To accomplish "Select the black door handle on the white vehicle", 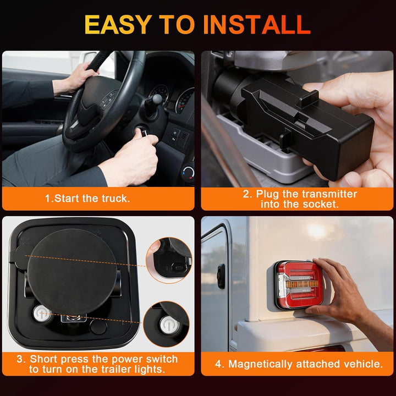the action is [x=221, y=276].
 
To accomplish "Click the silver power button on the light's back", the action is [x=42, y=313].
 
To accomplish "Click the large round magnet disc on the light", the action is [x=71, y=272].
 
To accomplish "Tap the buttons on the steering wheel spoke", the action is [x=108, y=100].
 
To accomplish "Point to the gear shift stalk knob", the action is [x=157, y=99].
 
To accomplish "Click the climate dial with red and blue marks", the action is [x=189, y=173].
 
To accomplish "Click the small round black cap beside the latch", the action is [x=98, y=327].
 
